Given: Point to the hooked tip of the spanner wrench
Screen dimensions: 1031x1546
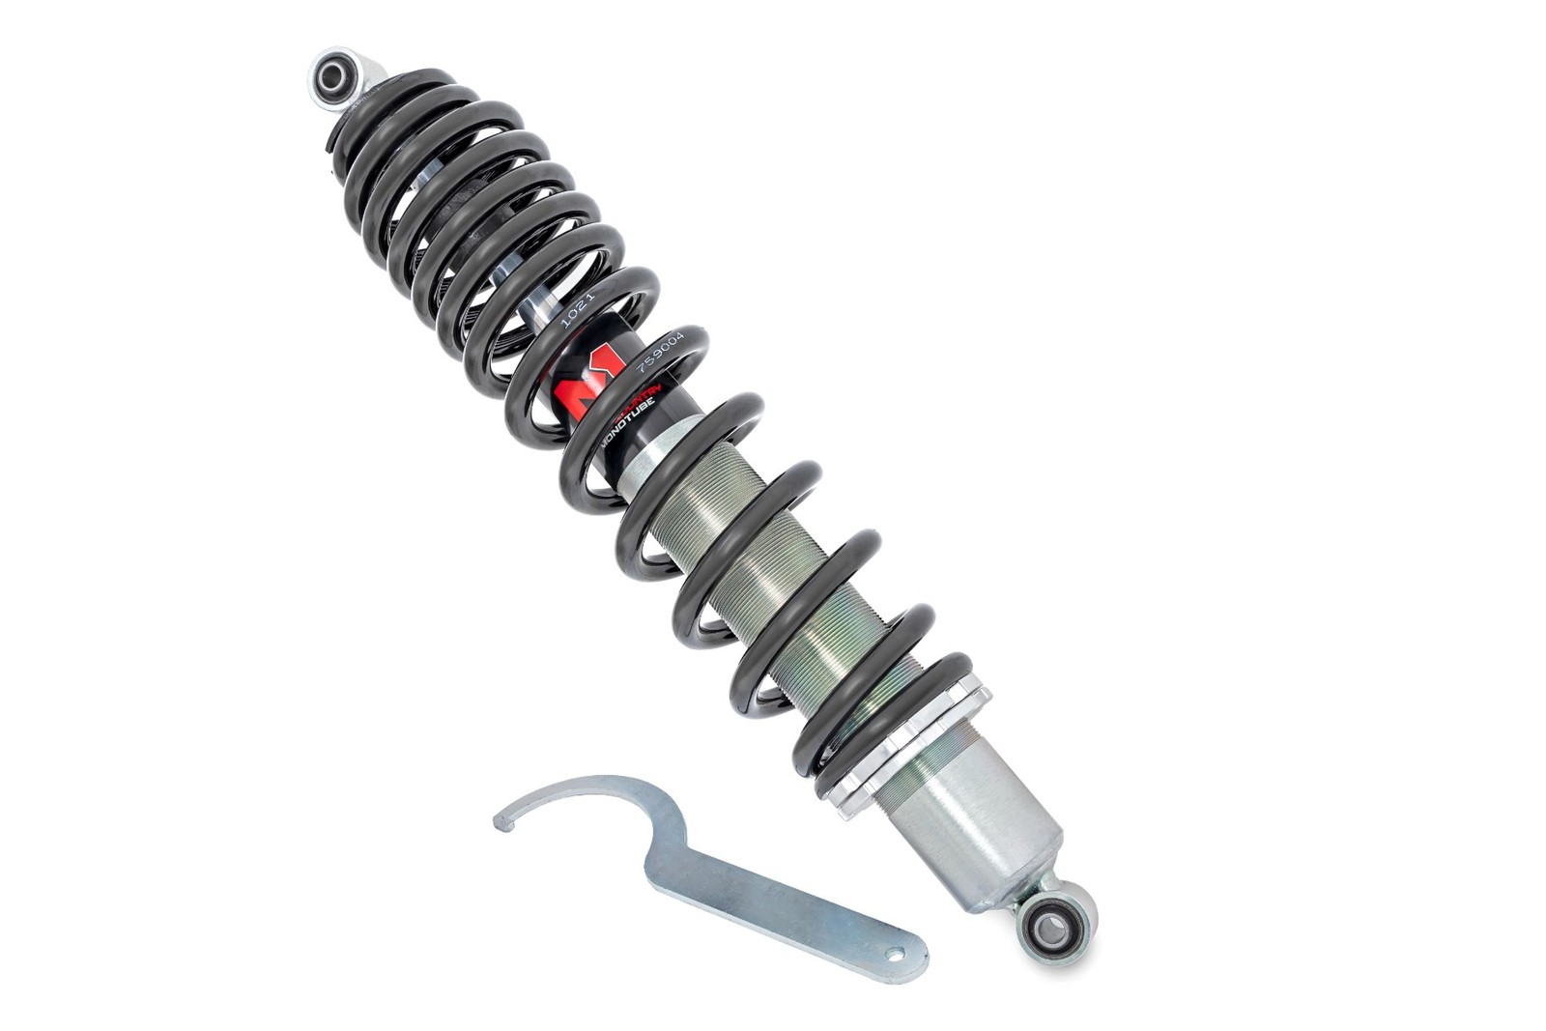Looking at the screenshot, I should tap(501, 820).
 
